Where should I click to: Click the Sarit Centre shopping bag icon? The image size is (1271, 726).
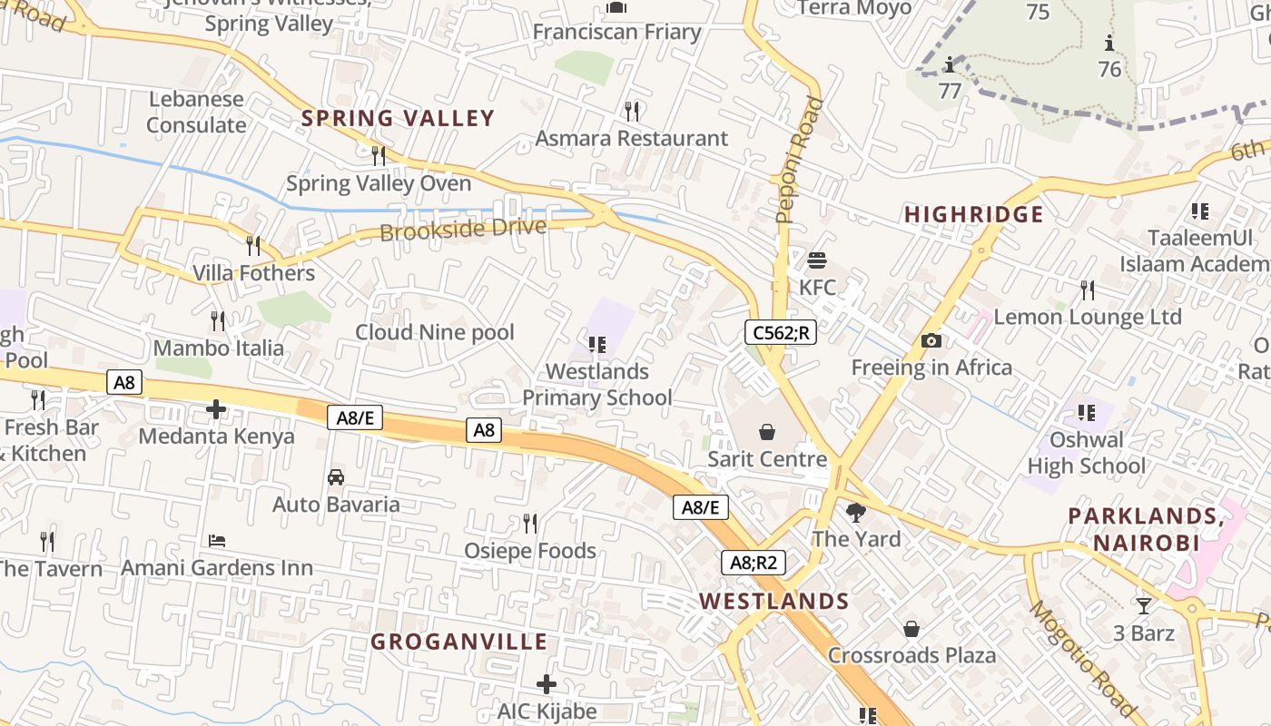click(x=767, y=432)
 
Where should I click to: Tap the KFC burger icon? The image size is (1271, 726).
click(x=816, y=261)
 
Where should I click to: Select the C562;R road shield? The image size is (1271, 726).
click(x=781, y=332)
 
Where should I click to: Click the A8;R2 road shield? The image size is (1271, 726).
click(x=754, y=563)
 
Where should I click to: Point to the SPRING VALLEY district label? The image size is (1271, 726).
click(x=398, y=118)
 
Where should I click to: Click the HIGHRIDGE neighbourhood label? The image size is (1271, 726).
click(x=974, y=214)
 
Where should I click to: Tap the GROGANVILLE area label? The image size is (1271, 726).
click(x=459, y=642)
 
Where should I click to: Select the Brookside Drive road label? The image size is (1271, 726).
click(x=463, y=229)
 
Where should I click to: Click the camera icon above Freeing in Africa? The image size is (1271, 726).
click(x=931, y=341)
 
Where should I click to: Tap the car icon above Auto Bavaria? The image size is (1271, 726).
click(x=336, y=477)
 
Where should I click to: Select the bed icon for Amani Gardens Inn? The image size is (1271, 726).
click(x=217, y=541)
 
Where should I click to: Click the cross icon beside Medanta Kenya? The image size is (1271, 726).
click(x=216, y=409)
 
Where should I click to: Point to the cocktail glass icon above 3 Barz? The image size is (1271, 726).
click(x=1143, y=605)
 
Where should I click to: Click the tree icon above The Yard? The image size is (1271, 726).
click(x=855, y=513)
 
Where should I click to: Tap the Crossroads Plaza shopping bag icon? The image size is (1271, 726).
click(x=911, y=629)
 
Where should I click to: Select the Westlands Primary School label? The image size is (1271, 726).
click(x=597, y=384)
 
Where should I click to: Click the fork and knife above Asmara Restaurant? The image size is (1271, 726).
click(x=632, y=111)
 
